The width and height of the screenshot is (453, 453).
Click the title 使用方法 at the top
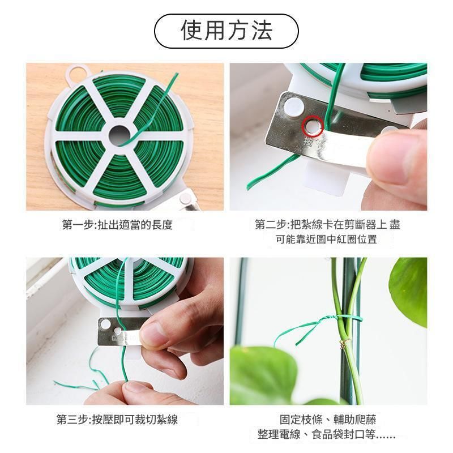pyautogui.click(x=226, y=31)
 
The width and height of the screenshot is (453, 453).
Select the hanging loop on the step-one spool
pyautogui.click(x=76, y=74)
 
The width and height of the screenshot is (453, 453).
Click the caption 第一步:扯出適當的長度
pyautogui.click(x=117, y=224)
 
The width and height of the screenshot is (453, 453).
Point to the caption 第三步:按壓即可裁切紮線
pyautogui.click(x=117, y=420)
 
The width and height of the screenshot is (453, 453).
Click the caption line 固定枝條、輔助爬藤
pyautogui.click(x=328, y=420)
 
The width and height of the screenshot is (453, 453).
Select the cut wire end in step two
pyautogui.click(x=249, y=188)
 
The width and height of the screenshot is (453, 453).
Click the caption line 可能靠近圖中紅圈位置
pyautogui.click(x=327, y=240)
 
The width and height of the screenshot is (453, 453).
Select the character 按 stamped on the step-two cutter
pyautogui.click(x=307, y=142)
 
